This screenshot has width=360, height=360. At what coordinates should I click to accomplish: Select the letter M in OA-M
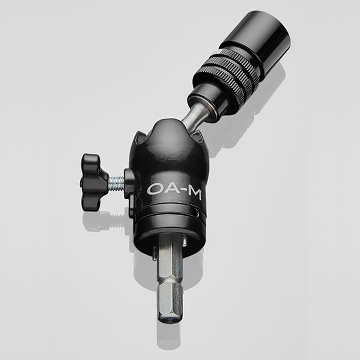point(193,193)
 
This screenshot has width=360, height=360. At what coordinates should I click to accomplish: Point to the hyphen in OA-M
point(182,192)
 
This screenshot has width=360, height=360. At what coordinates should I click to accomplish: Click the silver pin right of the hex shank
point(185,242)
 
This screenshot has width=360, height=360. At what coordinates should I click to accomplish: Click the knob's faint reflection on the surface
point(97,220)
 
